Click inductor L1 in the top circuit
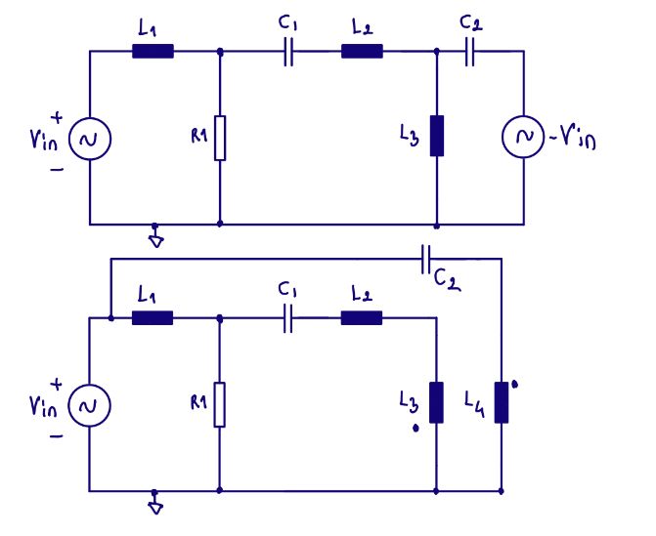click(x=153, y=52)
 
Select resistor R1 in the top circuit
click(x=220, y=138)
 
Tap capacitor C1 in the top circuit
click(x=287, y=53)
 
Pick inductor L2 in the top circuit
click(x=362, y=52)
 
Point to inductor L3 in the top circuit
click(x=436, y=136)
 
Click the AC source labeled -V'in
click(x=522, y=139)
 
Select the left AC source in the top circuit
click(x=90, y=139)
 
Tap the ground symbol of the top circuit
click(x=154, y=235)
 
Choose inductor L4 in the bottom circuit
click(x=501, y=402)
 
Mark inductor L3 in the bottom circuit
click(x=436, y=401)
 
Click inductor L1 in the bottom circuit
click(x=153, y=317)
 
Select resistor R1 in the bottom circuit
click(x=220, y=403)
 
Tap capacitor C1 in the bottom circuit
click(x=287, y=318)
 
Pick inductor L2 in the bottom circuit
click(x=362, y=317)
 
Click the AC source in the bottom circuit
click(x=90, y=404)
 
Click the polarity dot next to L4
click(x=515, y=385)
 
